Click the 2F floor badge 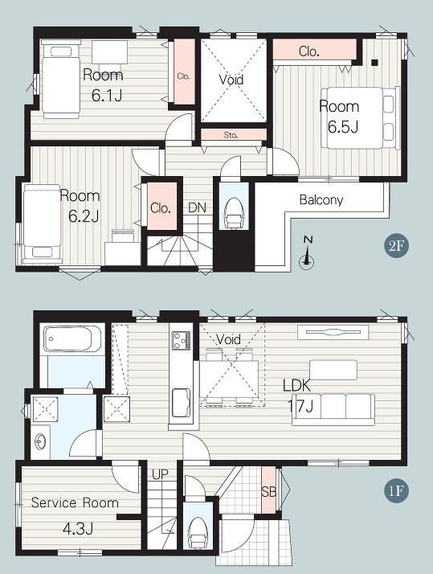pos(396,246)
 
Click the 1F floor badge pos(396,490)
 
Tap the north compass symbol pos(307,253)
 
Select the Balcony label pos(321,200)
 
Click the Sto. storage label pos(231,135)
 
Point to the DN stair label pos(197,208)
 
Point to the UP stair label pos(160,475)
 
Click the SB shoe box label pos(269,492)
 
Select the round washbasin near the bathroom pos(40,442)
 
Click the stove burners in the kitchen pos(181,340)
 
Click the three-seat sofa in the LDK pos(333,410)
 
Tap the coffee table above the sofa pos(333,370)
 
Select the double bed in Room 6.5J pos(360,118)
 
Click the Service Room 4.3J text pos(75,515)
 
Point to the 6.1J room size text pos(106,96)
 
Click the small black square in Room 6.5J pos(374,63)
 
